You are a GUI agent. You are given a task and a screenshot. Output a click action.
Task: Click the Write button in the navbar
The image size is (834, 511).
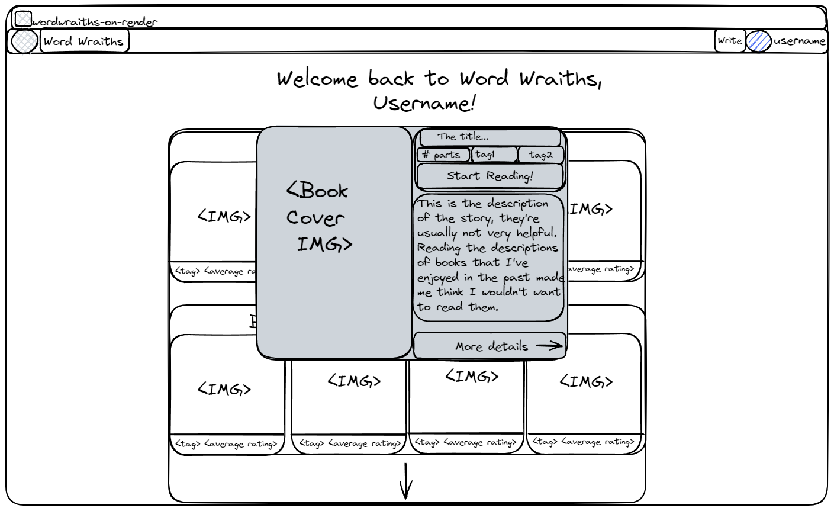point(729,41)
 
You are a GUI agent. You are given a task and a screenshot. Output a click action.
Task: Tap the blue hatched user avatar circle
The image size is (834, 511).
point(758,41)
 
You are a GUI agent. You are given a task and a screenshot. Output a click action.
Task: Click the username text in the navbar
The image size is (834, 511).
point(799,41)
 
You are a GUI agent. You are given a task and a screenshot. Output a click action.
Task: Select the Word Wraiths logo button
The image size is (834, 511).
point(84,41)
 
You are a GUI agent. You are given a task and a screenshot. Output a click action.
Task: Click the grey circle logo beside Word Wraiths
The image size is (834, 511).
point(24,41)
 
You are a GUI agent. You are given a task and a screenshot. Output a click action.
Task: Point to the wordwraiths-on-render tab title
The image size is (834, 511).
point(95,23)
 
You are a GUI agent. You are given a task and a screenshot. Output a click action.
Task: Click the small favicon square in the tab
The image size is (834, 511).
point(23,20)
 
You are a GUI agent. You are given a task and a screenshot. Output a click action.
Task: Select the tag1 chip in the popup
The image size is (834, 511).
point(494,155)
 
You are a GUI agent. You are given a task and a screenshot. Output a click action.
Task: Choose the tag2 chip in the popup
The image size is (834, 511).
point(540,155)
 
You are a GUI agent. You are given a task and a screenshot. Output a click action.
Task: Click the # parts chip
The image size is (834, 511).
point(443,155)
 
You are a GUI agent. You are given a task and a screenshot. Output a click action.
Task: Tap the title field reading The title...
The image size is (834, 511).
point(490,137)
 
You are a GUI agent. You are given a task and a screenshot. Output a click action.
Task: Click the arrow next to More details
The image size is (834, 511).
point(549,346)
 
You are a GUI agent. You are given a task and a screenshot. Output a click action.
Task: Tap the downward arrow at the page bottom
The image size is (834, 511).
point(406,481)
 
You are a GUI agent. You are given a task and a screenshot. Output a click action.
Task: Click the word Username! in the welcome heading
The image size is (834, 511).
point(424,104)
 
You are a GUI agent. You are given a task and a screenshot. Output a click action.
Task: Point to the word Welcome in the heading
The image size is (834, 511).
point(317,79)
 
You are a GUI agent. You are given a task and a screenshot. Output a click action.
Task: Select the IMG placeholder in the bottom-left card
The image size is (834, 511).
point(224,389)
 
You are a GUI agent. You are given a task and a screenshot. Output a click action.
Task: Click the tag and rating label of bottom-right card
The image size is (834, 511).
point(583,442)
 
